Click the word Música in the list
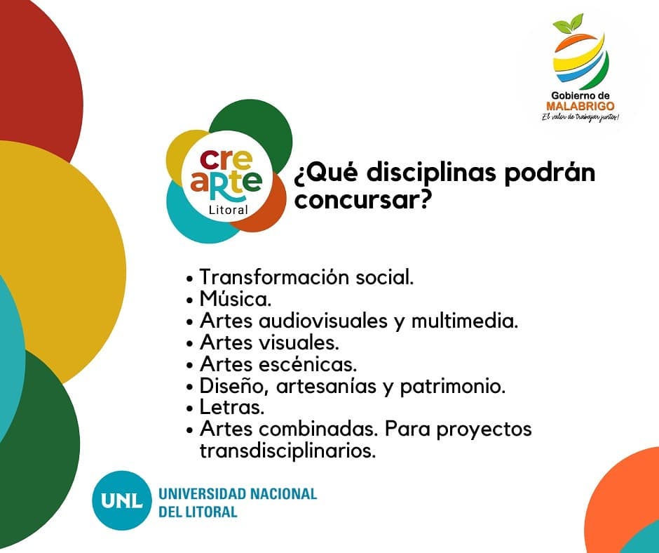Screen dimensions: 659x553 (x=236, y=299)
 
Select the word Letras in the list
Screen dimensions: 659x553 (x=232, y=407)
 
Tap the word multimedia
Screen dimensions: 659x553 (x=464, y=321)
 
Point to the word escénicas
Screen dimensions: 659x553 (x=308, y=364)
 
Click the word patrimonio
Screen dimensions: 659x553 (x=452, y=387)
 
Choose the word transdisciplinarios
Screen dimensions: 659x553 (x=287, y=451)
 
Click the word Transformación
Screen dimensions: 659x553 (x=275, y=277)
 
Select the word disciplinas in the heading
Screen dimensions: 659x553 (x=432, y=173)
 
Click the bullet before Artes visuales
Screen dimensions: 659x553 (x=191, y=344)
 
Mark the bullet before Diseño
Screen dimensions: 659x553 (x=191, y=387)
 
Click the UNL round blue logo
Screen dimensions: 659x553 (x=121, y=500)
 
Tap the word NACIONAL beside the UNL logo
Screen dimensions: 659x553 (x=283, y=493)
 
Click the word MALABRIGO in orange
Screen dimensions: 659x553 (x=580, y=106)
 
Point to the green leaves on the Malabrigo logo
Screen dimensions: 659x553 (x=569, y=24)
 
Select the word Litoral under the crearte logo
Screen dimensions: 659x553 (x=229, y=210)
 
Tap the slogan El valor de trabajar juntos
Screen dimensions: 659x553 (x=580, y=117)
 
